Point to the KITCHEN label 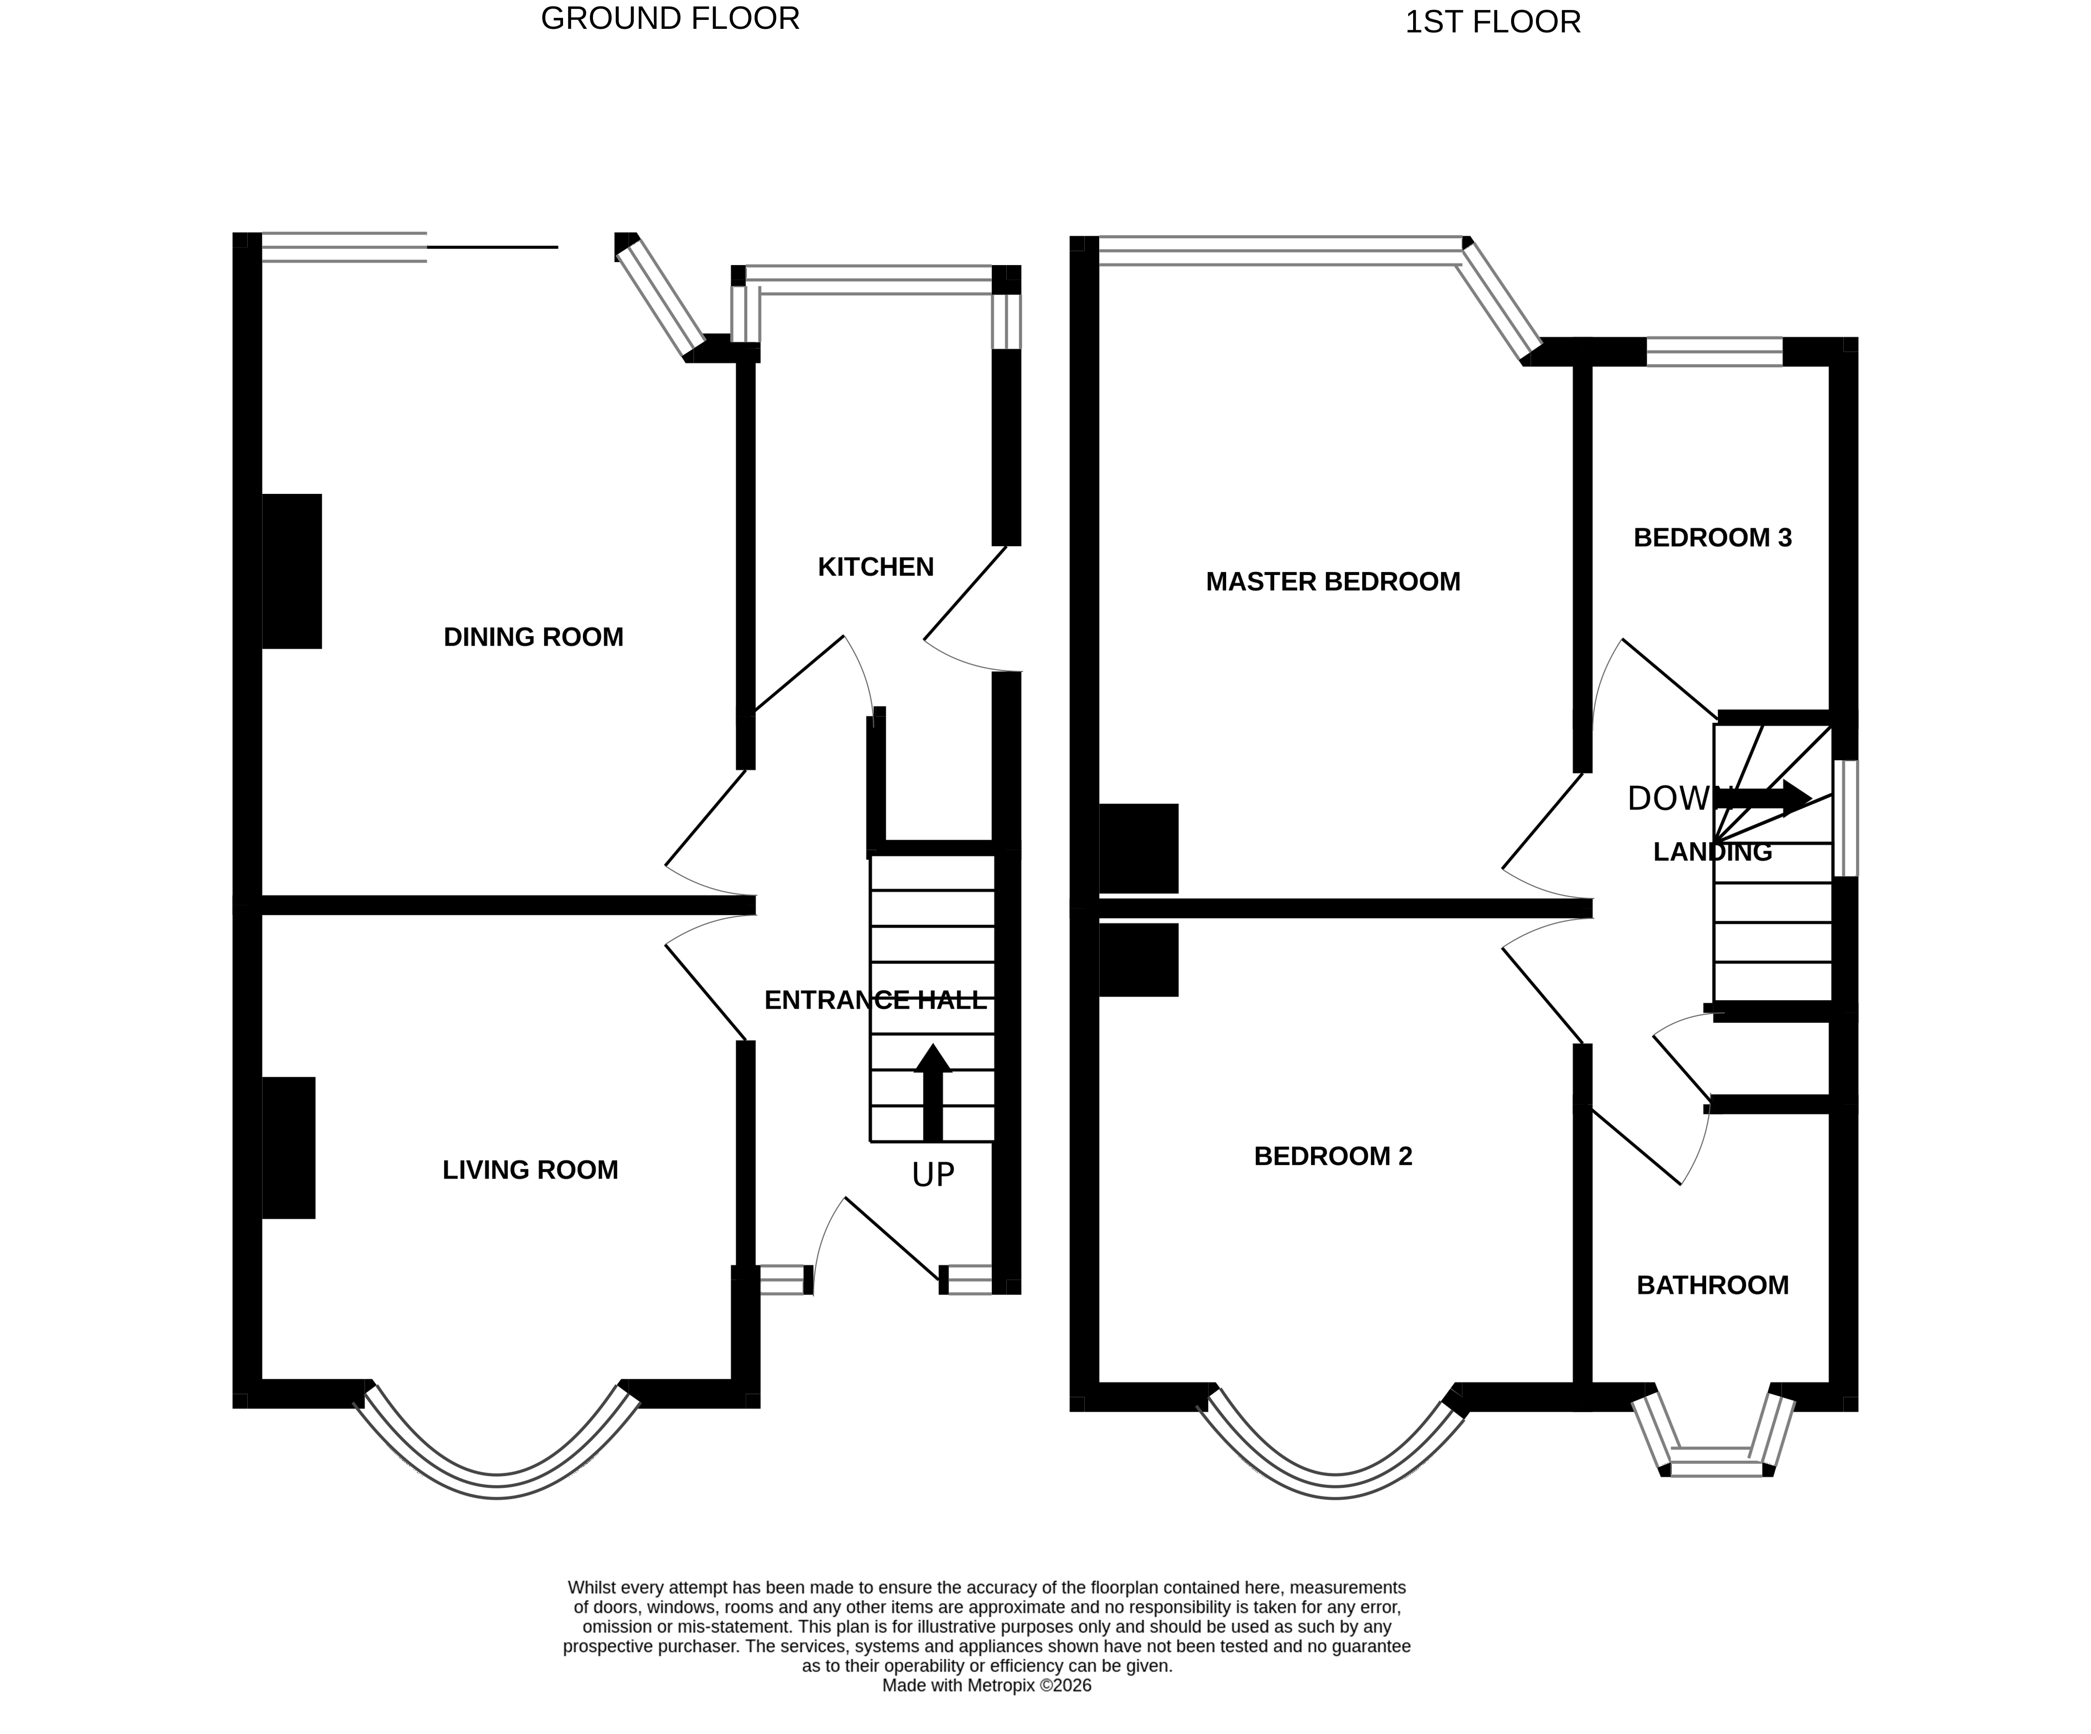875,567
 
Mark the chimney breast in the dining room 292,571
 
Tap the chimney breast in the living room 289,1148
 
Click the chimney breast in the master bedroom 1138,849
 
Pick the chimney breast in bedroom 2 1138,960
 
